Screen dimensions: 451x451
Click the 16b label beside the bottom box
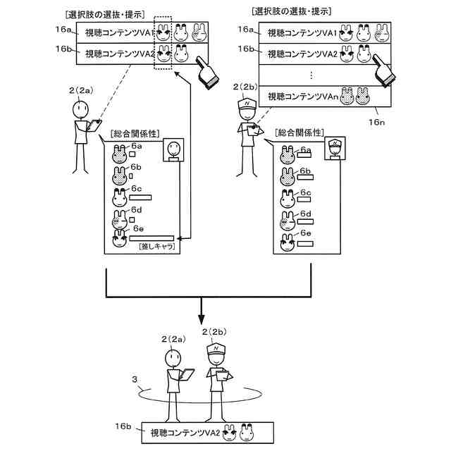click(x=125, y=426)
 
